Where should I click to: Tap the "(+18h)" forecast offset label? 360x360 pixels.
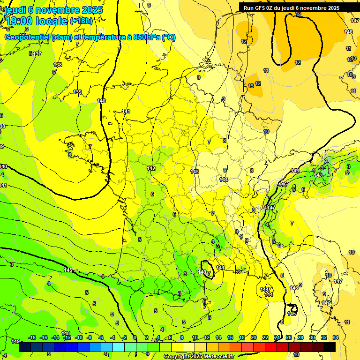point(81,21)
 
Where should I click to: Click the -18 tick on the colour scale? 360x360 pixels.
point(32,337)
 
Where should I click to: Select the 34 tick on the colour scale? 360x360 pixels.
point(335,337)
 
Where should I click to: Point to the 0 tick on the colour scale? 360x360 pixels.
point(135,337)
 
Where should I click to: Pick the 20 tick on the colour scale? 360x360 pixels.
point(254,337)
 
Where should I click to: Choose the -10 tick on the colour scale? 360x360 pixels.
point(79,337)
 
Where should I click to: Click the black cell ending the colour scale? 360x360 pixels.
point(330,347)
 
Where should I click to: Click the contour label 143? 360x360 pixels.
point(195,172)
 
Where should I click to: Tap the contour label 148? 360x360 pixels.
point(66,333)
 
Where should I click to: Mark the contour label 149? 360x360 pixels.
point(15,341)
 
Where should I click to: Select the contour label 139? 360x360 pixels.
point(77,92)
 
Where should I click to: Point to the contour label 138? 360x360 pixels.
point(58,65)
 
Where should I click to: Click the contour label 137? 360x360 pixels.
point(37,54)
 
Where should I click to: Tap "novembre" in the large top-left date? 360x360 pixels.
point(58,10)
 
